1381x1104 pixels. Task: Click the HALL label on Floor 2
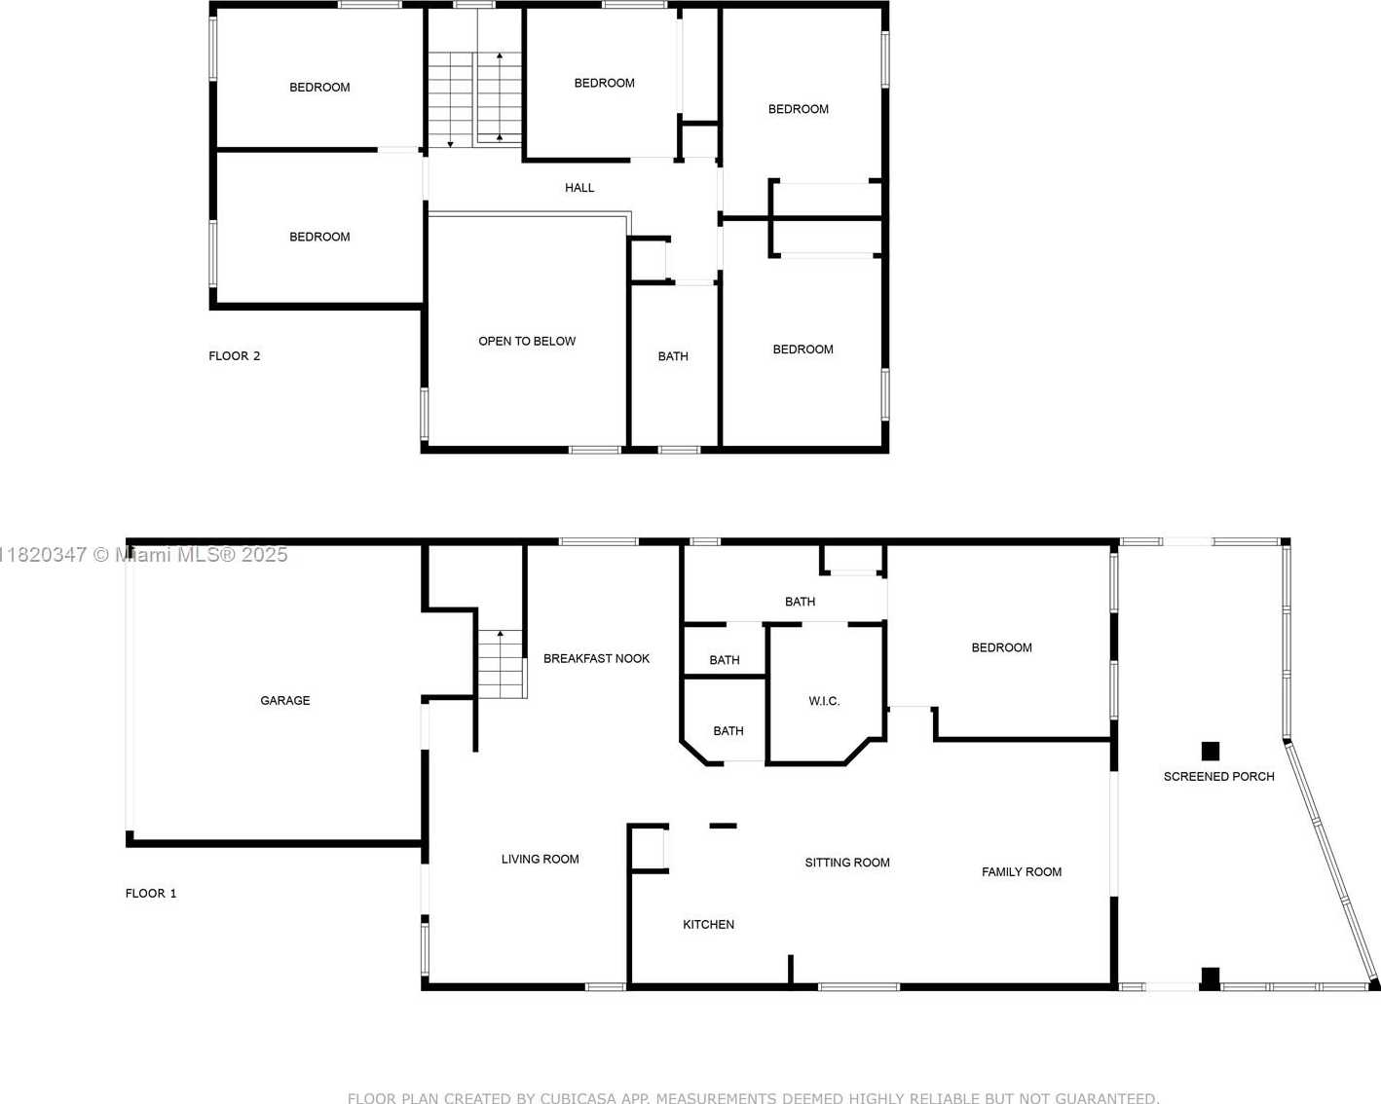(579, 188)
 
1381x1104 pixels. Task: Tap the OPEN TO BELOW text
(527, 342)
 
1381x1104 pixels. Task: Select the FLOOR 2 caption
(235, 356)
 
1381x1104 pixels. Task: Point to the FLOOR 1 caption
(151, 894)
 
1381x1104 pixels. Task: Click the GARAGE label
(285, 701)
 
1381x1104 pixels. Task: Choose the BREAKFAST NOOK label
(596, 659)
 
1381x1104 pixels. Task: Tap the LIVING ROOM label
(540, 860)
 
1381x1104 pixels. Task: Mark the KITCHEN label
(708, 925)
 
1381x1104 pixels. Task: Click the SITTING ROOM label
(847, 863)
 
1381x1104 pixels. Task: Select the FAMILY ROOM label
(1022, 872)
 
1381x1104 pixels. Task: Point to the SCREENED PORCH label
(1218, 777)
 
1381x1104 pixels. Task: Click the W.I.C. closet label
(824, 701)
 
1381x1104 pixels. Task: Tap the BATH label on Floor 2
(673, 356)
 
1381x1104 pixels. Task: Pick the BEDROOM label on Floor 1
(1001, 648)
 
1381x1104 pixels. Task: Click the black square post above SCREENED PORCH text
(1211, 752)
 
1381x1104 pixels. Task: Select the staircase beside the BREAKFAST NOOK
(502, 664)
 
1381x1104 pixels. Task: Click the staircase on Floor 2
(475, 99)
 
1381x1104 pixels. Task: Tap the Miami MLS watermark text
(142, 555)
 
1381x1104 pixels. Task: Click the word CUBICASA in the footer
(580, 1097)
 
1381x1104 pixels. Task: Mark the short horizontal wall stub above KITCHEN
(723, 826)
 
